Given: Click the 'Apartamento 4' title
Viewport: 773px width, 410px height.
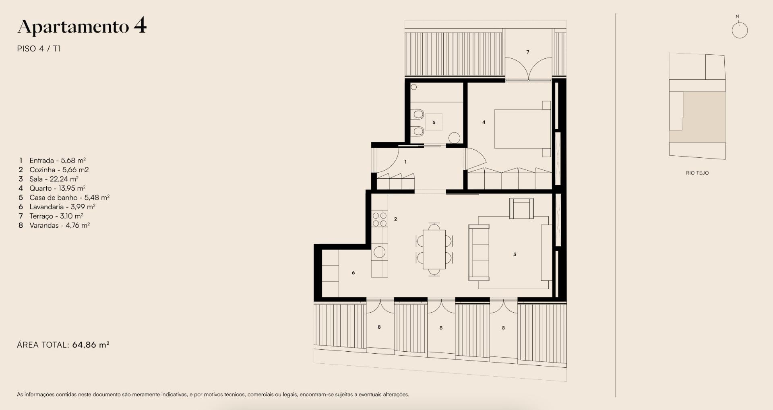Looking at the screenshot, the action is point(82,27).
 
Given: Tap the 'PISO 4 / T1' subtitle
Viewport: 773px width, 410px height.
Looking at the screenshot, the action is point(39,49).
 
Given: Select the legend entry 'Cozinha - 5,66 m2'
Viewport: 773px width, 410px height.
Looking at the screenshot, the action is point(59,170).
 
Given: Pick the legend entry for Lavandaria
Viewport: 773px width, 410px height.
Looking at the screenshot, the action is point(62,207).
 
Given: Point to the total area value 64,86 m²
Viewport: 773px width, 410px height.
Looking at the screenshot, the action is point(91,345).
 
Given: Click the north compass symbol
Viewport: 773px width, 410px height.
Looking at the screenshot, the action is point(740,29).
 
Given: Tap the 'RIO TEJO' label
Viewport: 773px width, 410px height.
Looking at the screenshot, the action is point(697,173).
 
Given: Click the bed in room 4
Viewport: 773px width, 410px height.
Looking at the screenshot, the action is point(523,129).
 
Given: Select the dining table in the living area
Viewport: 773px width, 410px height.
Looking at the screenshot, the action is point(434,249).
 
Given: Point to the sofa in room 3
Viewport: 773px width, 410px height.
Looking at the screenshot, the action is point(479,253).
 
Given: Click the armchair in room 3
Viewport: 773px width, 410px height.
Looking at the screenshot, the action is point(521,208).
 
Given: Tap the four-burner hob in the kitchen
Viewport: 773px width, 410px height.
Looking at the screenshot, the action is point(379,220).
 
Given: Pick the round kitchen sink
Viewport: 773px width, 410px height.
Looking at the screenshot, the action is point(379,252).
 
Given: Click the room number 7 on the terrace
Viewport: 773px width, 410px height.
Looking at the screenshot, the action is point(528,52).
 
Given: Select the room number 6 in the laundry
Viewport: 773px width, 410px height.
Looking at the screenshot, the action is point(353,273).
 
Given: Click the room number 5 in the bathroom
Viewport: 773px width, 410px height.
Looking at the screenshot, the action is point(434,122).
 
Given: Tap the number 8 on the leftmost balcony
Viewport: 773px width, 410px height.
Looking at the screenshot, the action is point(379,327).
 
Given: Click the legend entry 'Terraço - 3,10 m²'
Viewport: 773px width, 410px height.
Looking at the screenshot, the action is point(56,216).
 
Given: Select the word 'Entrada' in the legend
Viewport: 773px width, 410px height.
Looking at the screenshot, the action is point(41,161).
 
